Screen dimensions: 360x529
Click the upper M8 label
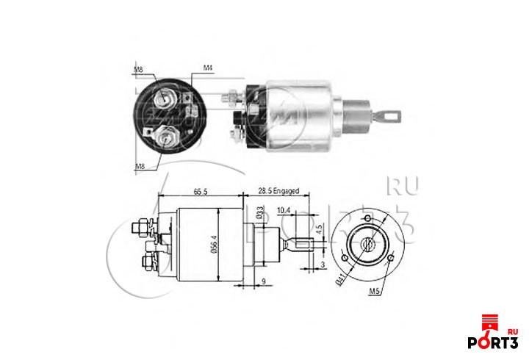click(x=139, y=70)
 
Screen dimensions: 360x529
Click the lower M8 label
click(x=139, y=167)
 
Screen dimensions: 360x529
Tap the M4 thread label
click(x=207, y=68)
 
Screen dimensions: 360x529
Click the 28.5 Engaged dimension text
click(x=279, y=191)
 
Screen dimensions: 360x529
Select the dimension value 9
click(x=263, y=280)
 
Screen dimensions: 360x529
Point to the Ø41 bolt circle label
click(x=339, y=278)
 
